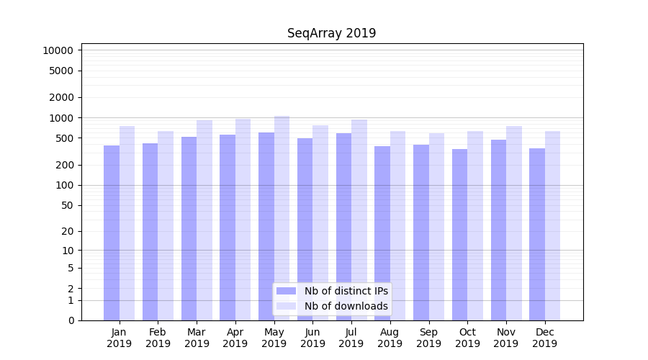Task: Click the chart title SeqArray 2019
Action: [x=331, y=33]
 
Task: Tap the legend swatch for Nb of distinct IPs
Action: [x=287, y=291]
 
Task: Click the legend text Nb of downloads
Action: [x=346, y=306]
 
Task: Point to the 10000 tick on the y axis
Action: [x=58, y=50]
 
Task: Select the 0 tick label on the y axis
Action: [x=71, y=320]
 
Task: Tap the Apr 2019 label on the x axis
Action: [x=235, y=338]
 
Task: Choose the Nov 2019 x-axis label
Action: [x=506, y=338]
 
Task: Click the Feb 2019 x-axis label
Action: [x=158, y=338]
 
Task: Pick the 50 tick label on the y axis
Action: [x=66, y=205]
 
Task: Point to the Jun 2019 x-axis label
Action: [x=312, y=338]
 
